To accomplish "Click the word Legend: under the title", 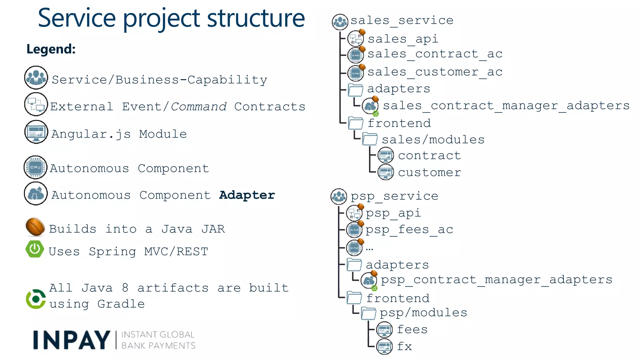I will (x=51, y=49).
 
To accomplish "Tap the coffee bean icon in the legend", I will (x=35, y=227).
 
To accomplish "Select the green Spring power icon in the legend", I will (x=35, y=249).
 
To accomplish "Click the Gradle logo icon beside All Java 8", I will (x=36, y=299).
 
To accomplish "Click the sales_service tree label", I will (x=402, y=20).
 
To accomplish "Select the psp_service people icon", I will (x=339, y=197).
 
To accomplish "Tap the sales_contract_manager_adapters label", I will (x=506, y=106).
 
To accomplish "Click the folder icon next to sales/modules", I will (x=370, y=139).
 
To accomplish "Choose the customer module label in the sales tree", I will (x=429, y=172).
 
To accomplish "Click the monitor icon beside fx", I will (x=384, y=346).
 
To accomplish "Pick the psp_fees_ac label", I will (x=409, y=230).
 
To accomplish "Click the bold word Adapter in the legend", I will (x=247, y=195).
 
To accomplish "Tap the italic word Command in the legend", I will (x=199, y=107).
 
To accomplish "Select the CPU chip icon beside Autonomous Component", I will (x=36, y=167).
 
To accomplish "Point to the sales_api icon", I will (x=355, y=39).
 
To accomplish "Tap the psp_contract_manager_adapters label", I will (x=496, y=279).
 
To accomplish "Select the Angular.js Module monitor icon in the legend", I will (x=36, y=132).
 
